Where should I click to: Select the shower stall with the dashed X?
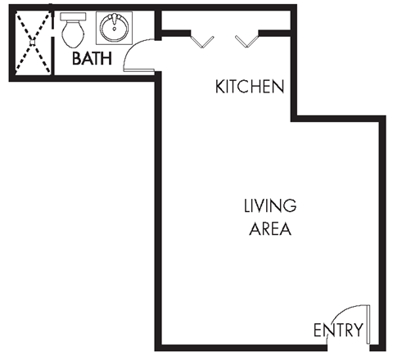point(31,43)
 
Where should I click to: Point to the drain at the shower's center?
point(31,43)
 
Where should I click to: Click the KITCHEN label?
point(249,86)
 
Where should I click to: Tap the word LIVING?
point(269,205)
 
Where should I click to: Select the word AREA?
point(269,228)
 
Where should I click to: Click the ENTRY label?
point(338,331)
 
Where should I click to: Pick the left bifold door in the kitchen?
point(202,38)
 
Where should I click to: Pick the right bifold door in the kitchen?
point(246,38)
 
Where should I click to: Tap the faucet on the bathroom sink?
point(113,20)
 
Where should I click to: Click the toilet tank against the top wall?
point(73,19)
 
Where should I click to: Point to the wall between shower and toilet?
point(53,43)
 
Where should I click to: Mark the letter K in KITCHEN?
point(220,86)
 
